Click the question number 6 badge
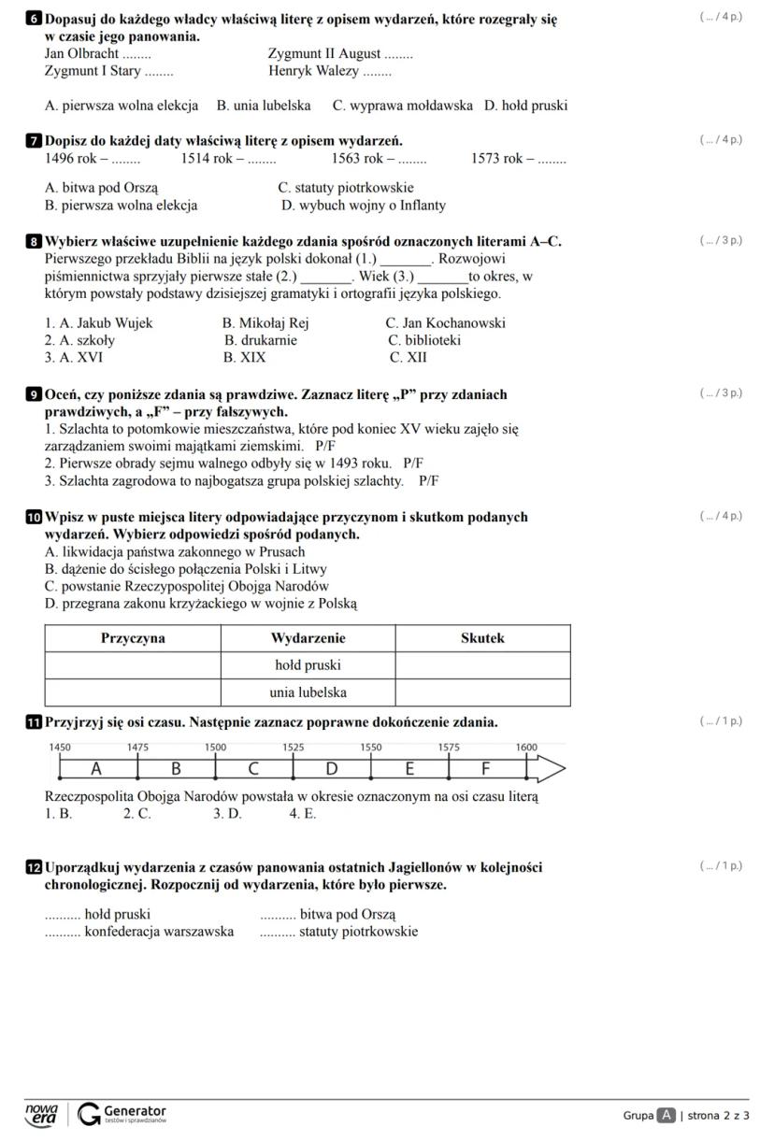[35, 18]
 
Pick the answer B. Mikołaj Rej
[265, 323]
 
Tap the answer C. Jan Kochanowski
[446, 323]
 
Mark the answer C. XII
[408, 357]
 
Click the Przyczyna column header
[133, 638]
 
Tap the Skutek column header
[482, 638]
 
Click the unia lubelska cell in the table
[308, 692]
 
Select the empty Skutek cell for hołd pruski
[482, 665]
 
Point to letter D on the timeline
[331, 769]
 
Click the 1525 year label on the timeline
[293, 748]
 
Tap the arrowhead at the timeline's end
[552, 769]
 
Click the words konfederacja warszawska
[159, 931]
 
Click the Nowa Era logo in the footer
[42, 1114]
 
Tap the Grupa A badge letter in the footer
[666, 1115]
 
